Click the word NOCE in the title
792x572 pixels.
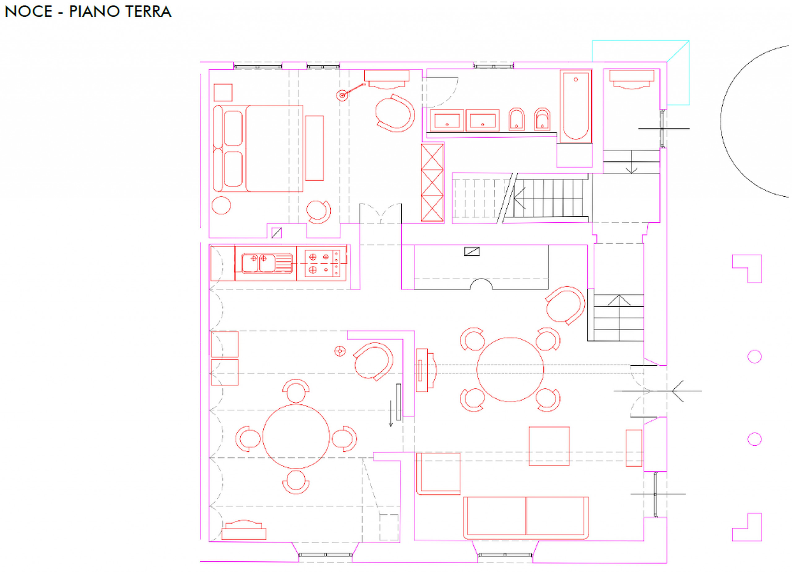click(x=29, y=12)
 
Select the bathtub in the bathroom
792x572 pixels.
click(x=576, y=106)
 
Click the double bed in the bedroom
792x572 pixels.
click(x=258, y=149)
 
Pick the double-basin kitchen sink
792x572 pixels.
click(x=267, y=263)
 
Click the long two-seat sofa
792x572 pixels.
click(x=526, y=518)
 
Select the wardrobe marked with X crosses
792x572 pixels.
click(x=432, y=182)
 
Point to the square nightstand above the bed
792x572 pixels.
click(x=223, y=92)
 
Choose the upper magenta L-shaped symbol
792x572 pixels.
click(x=747, y=269)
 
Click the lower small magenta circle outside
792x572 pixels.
click(x=755, y=439)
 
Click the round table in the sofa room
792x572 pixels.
click(x=510, y=370)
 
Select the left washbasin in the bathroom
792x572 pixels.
click(x=447, y=120)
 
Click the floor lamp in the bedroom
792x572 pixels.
click(x=342, y=95)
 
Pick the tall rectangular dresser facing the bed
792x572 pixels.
click(x=315, y=148)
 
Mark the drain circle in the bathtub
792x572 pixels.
click(x=576, y=79)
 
